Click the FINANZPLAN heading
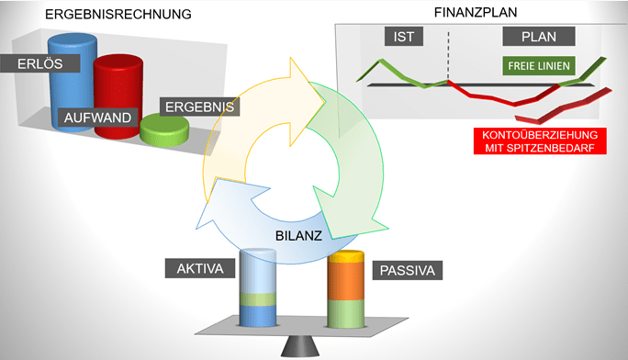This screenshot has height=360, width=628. coord(474,13)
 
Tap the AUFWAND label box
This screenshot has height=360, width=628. coord(96,118)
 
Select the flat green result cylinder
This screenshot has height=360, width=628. coord(164,134)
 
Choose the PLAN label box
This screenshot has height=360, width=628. coord(539,37)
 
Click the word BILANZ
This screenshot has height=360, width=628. coord(297,235)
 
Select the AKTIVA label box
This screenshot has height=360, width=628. coord(200,269)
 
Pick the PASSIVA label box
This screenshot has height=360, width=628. coord(407,270)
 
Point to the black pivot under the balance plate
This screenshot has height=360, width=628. coord(296,345)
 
